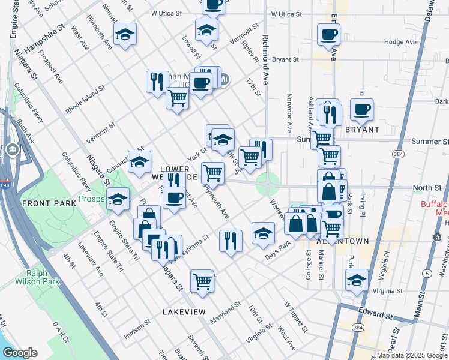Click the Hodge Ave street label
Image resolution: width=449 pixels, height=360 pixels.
click(x=400, y=42)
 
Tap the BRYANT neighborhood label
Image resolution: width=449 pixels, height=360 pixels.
click(x=362, y=129)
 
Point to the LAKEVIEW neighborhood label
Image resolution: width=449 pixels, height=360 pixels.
click(x=184, y=312)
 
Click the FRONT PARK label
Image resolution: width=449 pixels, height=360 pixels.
click(x=49, y=203)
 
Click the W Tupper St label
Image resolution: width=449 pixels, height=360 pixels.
click(x=295, y=326)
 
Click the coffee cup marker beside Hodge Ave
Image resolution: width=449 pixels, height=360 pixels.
click(x=328, y=35)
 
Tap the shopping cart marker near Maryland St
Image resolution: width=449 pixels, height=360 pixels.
click(x=202, y=280)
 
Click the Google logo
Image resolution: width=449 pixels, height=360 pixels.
click(x=20, y=353)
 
